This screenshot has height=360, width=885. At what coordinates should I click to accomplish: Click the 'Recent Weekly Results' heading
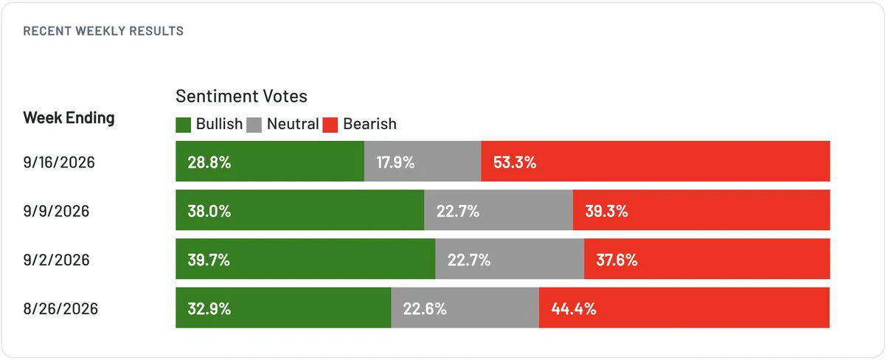click(x=103, y=31)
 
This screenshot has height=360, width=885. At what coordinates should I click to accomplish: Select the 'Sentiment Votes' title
click(x=241, y=96)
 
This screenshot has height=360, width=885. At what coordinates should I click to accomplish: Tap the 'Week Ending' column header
click(x=69, y=118)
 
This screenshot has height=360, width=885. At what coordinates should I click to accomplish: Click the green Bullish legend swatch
click(x=184, y=125)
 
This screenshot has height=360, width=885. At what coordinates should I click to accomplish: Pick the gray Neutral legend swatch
click(x=254, y=125)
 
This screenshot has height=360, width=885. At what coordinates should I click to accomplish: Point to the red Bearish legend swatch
click(x=330, y=125)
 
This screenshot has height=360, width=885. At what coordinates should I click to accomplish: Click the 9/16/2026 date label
click(x=59, y=162)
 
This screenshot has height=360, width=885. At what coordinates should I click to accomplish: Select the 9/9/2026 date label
click(x=57, y=211)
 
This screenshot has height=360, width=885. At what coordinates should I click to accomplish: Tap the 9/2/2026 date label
click(x=57, y=260)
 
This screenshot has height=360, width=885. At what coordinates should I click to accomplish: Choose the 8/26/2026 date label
click(x=60, y=308)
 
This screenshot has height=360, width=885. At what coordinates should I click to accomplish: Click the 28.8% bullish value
click(x=209, y=162)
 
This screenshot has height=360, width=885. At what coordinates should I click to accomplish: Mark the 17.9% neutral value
click(x=395, y=162)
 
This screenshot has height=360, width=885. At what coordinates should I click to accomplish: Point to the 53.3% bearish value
click(x=515, y=162)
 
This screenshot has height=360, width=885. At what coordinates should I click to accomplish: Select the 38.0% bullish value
click(x=209, y=211)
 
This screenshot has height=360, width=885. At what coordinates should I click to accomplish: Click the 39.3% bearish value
click(x=606, y=211)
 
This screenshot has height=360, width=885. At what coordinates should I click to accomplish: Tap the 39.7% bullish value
click(x=209, y=260)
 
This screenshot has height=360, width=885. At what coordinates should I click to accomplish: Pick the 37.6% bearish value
click(x=617, y=260)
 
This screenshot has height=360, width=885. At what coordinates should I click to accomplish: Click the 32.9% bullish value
click(x=209, y=308)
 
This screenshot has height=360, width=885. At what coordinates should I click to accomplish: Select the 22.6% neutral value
click(x=425, y=308)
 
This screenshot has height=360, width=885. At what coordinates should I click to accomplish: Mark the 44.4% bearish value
click(x=574, y=308)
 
